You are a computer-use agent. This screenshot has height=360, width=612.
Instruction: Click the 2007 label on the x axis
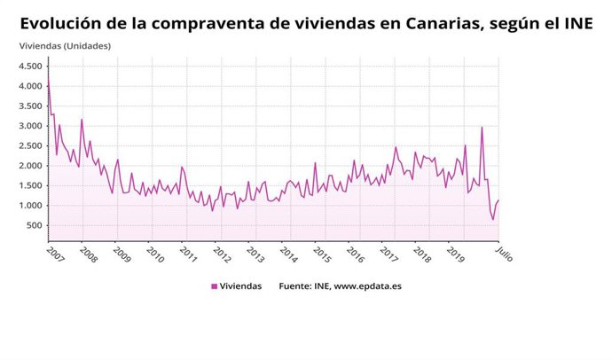click(x=54, y=255)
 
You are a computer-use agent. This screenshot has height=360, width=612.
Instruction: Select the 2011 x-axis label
click(x=187, y=255)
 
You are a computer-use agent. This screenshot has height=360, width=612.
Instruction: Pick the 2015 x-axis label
click(x=321, y=255)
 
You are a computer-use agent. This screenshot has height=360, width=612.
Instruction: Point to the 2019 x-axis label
click(x=455, y=255)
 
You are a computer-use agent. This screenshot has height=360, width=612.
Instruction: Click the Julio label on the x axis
click(x=503, y=254)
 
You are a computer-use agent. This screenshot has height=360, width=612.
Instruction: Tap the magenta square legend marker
click(x=214, y=286)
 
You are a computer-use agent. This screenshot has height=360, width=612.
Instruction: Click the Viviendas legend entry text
click(x=241, y=286)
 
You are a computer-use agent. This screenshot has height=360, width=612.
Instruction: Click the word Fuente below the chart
click(x=296, y=286)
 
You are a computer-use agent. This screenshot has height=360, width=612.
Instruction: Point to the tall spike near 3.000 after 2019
click(x=482, y=127)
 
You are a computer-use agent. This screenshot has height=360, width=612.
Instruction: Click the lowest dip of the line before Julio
click(x=493, y=219)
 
